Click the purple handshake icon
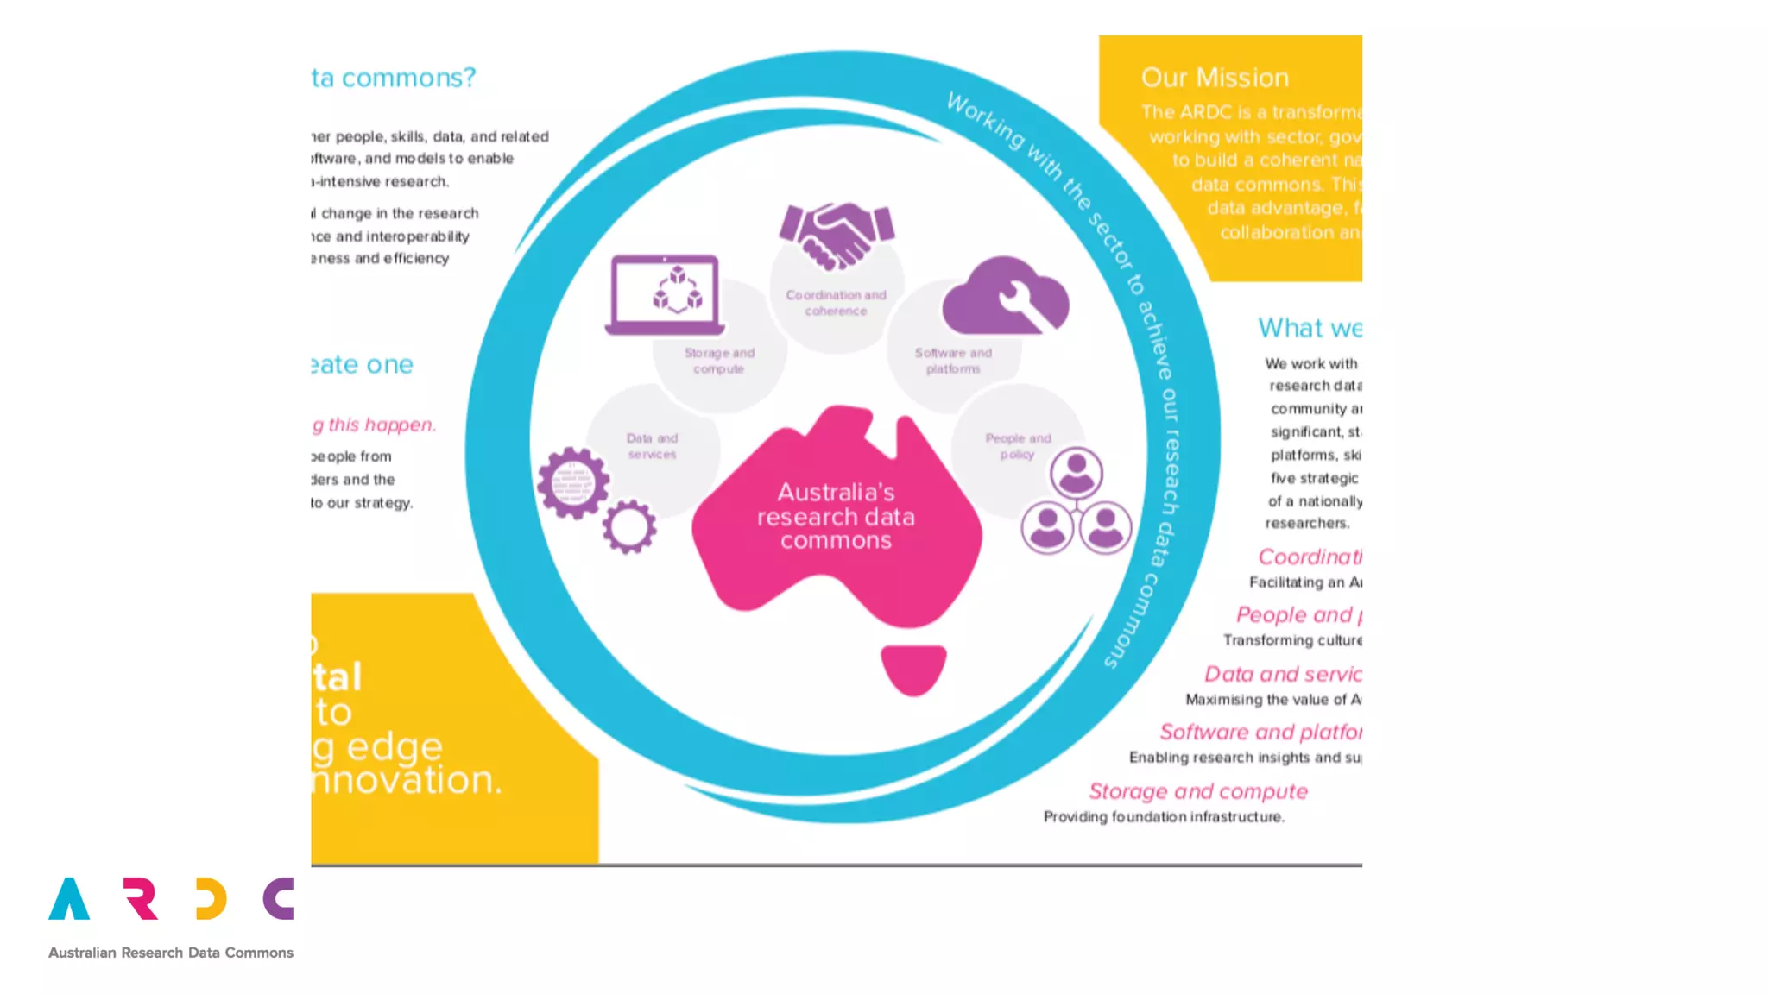pyautogui.click(x=836, y=235)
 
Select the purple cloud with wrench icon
pyautogui.click(x=1006, y=296)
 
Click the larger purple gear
pyautogui.click(x=573, y=482)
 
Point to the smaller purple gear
pyautogui.click(x=628, y=526)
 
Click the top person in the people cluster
pyautogui.click(x=1076, y=473)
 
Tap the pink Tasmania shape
pyautogui.click(x=913, y=669)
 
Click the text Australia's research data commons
pyautogui.click(x=836, y=516)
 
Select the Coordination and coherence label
pyautogui.click(x=836, y=303)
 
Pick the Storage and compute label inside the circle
pyautogui.click(x=719, y=361)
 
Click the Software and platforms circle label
pyautogui.click(x=953, y=361)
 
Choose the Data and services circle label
pyautogui.click(x=652, y=446)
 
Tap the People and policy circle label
pyautogui.click(x=1018, y=446)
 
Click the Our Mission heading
pyautogui.click(x=1215, y=78)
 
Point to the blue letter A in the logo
pyautogui.click(x=69, y=900)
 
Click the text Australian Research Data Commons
pyautogui.click(x=171, y=953)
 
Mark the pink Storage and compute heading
pyautogui.click(x=1197, y=791)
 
